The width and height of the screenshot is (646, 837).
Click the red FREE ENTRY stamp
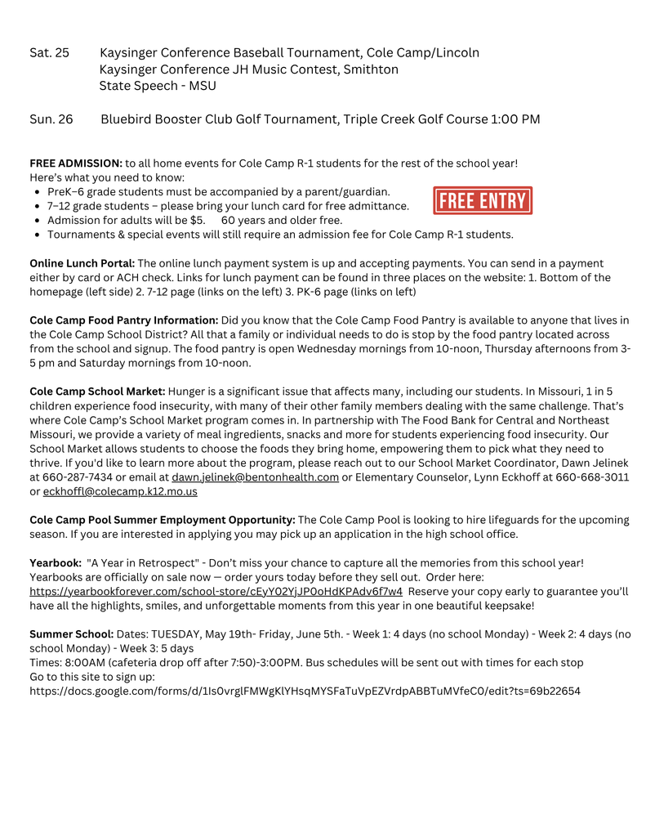tap(483, 200)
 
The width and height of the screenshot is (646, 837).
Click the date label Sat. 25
tap(50, 53)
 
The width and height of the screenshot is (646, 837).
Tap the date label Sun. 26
tap(51, 119)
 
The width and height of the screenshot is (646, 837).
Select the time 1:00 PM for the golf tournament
tap(515, 119)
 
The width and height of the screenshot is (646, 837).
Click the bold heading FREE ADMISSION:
tap(76, 163)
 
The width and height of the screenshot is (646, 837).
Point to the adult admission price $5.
tap(197, 220)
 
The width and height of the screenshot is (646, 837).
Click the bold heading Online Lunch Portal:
tap(82, 263)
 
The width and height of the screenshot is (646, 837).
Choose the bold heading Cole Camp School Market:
tap(97, 392)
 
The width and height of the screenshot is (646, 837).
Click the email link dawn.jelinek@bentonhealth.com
tap(255, 477)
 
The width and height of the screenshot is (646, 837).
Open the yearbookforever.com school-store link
tap(216, 591)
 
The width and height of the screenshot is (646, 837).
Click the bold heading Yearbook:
tap(56, 563)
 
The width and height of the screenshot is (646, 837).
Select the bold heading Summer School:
tap(72, 633)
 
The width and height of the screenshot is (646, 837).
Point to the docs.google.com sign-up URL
tap(305, 691)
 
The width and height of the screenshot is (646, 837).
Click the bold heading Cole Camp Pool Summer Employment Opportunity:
tap(163, 520)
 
